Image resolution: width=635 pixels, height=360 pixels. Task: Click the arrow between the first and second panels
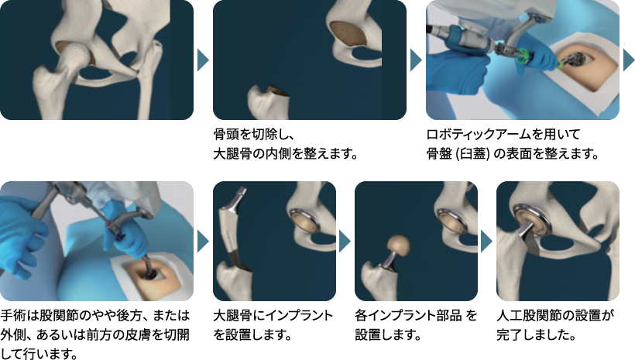(203, 60)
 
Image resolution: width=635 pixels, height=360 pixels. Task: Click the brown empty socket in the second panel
(348, 33)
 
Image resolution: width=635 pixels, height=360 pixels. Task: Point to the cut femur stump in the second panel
(268, 102)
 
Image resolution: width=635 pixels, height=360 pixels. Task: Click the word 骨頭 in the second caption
(226, 135)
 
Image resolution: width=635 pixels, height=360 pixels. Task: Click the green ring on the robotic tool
(523, 56)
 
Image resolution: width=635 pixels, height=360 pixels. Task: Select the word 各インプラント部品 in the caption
(409, 314)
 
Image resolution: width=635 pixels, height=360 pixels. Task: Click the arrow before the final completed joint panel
(486, 242)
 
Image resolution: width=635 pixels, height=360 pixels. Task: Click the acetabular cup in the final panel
(532, 221)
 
